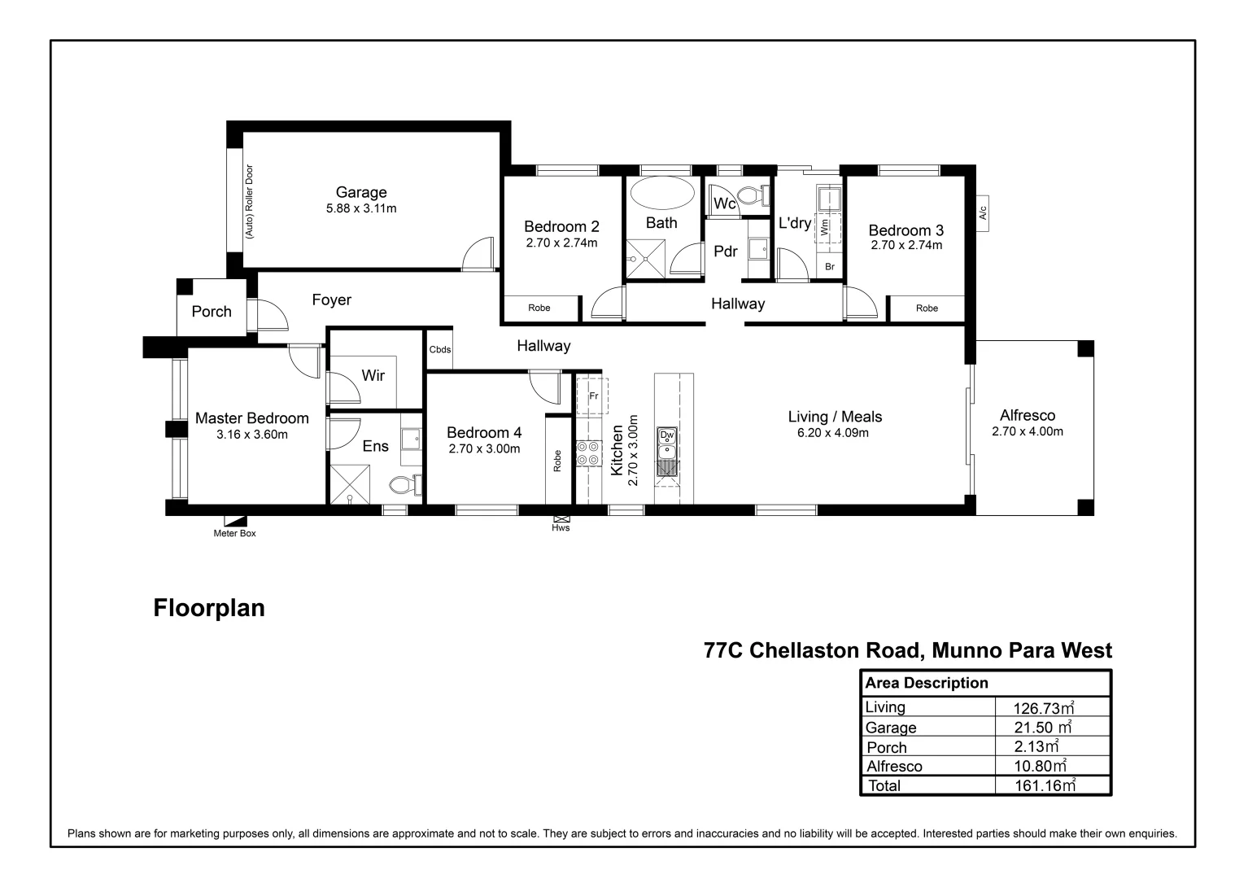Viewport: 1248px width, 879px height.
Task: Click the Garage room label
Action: (x=361, y=193)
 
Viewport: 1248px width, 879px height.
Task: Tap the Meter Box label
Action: (x=234, y=534)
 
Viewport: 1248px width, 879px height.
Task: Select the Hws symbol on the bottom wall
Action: (x=561, y=518)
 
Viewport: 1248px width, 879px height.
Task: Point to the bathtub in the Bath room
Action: (x=662, y=195)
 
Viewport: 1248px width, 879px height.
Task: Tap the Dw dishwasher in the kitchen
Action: (x=667, y=435)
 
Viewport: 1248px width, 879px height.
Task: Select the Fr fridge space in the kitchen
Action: (x=593, y=396)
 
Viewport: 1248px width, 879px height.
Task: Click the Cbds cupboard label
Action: (x=440, y=350)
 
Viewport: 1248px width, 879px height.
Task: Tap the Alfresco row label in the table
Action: (x=894, y=766)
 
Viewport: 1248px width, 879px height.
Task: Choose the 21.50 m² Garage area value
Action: (x=1042, y=728)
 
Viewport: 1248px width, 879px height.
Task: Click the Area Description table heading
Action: (x=926, y=683)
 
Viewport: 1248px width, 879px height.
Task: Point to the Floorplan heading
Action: (x=209, y=608)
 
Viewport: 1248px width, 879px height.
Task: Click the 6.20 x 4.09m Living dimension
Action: (x=833, y=433)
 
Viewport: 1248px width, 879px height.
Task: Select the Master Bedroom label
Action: (x=251, y=418)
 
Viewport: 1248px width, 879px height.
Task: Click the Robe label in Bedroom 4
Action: (x=557, y=461)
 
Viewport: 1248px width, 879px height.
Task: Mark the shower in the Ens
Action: (x=349, y=485)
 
